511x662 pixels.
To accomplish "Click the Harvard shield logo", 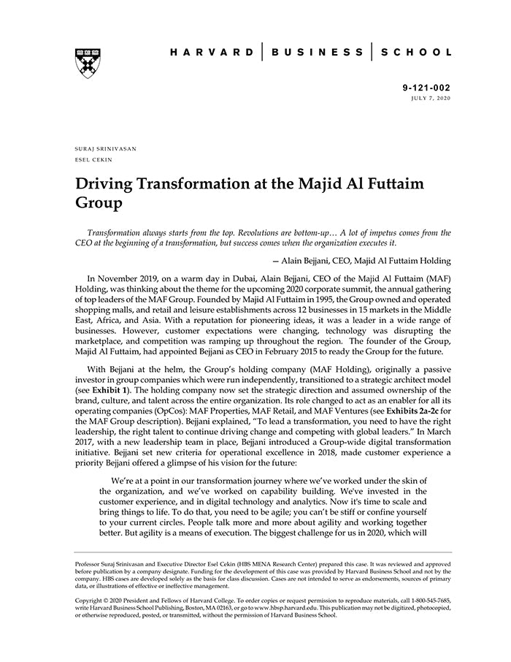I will tap(88, 63).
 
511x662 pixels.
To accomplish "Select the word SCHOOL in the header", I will tap(418, 53).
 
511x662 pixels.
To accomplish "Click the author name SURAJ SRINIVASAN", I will tap(106, 148).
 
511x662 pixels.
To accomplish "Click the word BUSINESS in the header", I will tap(316, 53).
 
